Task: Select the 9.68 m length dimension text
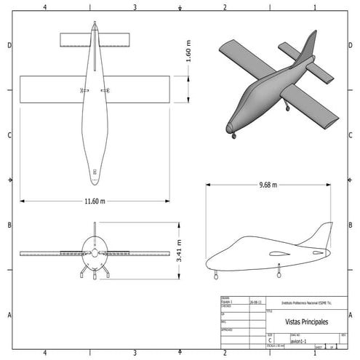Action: coord(268,185)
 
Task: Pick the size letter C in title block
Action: coord(271,340)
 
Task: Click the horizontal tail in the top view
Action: coord(95,38)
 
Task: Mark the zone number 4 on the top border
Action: coord(45,7)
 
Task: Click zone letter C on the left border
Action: coord(8,135)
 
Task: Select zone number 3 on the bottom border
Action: coord(135,353)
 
